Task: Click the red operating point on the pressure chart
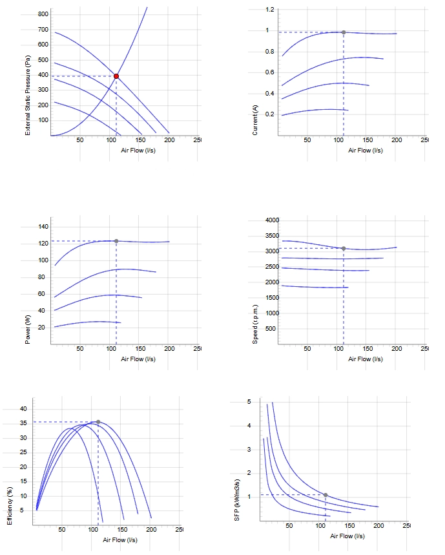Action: (x=116, y=76)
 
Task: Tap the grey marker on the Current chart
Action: (x=344, y=32)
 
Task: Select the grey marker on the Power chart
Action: (x=116, y=241)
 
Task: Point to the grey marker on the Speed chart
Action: (x=344, y=249)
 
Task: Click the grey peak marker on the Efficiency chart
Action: (x=98, y=422)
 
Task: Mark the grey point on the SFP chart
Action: (x=326, y=495)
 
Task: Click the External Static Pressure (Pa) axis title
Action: (x=28, y=95)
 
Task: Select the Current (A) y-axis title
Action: (x=255, y=120)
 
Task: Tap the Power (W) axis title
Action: (x=28, y=330)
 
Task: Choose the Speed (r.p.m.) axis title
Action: (x=255, y=324)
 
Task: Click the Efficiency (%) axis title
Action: (x=10, y=506)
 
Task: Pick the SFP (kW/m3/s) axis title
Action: (x=237, y=500)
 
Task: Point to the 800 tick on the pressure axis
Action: (x=43, y=14)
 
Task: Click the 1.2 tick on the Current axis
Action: (x=270, y=10)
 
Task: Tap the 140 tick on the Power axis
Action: (x=43, y=227)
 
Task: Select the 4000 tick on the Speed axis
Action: (x=272, y=220)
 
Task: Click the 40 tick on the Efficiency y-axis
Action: (x=23, y=409)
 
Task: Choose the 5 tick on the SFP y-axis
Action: (x=249, y=402)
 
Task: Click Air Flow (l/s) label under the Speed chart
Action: (x=366, y=359)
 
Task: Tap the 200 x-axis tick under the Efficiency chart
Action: (x=151, y=530)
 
